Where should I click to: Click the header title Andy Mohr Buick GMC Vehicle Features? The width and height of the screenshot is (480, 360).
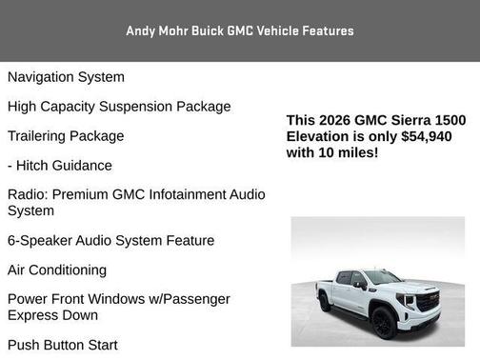[x=240, y=30]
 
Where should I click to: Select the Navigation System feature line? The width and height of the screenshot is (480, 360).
[x=66, y=77]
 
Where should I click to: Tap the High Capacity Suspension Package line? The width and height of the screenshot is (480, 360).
[x=119, y=107]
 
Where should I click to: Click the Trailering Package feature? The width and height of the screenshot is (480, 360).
[x=66, y=136]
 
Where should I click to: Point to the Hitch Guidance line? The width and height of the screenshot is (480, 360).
[x=60, y=166]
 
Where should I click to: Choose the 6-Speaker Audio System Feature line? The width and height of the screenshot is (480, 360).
[x=110, y=241]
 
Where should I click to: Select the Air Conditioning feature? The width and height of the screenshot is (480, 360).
[x=57, y=270]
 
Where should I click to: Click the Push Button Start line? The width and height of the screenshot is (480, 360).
[x=63, y=345]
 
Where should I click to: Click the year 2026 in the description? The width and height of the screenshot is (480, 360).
[x=336, y=121]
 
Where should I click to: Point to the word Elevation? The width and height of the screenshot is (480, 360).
[x=323, y=136]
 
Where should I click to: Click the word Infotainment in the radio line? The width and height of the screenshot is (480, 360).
[x=185, y=195]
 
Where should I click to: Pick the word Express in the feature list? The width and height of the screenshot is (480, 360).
[x=34, y=315]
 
